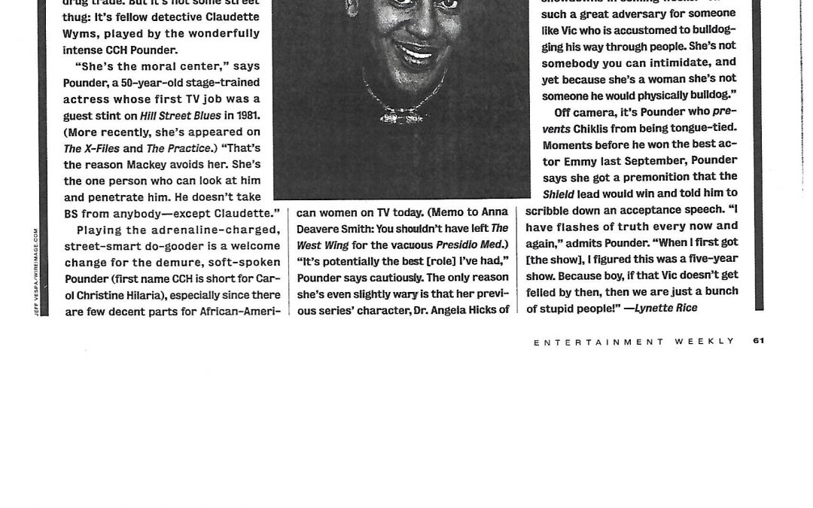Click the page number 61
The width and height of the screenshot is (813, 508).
click(x=758, y=341)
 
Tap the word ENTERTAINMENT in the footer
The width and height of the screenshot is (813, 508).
click(x=587, y=342)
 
